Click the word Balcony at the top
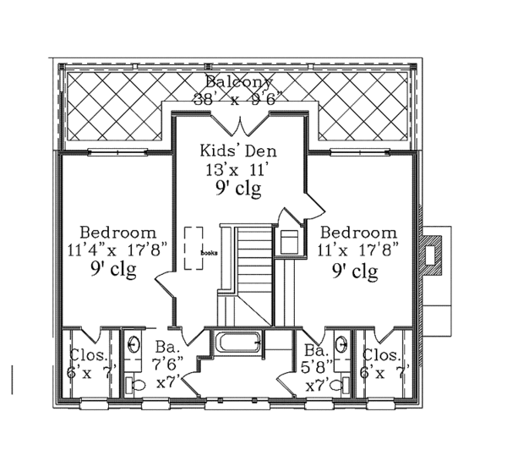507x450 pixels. point(239,82)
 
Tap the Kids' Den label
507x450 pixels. point(238,151)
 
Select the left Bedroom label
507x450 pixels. point(117,232)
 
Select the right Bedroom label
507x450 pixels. point(359,232)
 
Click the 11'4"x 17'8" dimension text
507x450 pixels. point(117,250)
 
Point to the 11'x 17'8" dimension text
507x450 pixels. point(359,250)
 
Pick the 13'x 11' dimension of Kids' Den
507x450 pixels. point(238,168)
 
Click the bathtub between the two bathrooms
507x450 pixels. point(238,345)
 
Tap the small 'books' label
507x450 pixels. point(209,252)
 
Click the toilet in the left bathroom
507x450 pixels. point(133,383)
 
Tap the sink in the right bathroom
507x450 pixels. point(341,345)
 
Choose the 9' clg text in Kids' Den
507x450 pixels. point(238,187)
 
